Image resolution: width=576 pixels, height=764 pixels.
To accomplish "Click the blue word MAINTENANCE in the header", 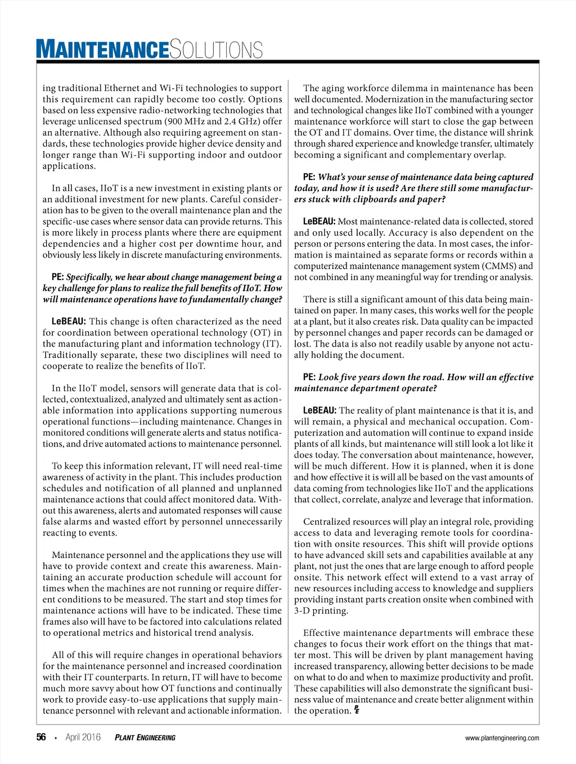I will point(102,49).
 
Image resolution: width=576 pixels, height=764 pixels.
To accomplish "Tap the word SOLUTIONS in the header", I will point(216,50).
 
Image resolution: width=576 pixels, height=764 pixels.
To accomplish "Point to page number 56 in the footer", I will point(41,737).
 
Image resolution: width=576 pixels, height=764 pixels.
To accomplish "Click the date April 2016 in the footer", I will point(83,737).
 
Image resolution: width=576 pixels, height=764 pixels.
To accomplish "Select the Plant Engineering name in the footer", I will point(145,738).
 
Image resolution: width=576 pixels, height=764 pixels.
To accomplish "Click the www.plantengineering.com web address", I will point(502,738).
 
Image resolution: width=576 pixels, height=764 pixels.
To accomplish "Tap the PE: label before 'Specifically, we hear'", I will point(57,277).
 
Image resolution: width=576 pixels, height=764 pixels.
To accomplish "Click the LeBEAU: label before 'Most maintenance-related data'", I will point(319,222).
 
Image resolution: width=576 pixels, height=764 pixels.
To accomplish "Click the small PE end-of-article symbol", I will point(357,711).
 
